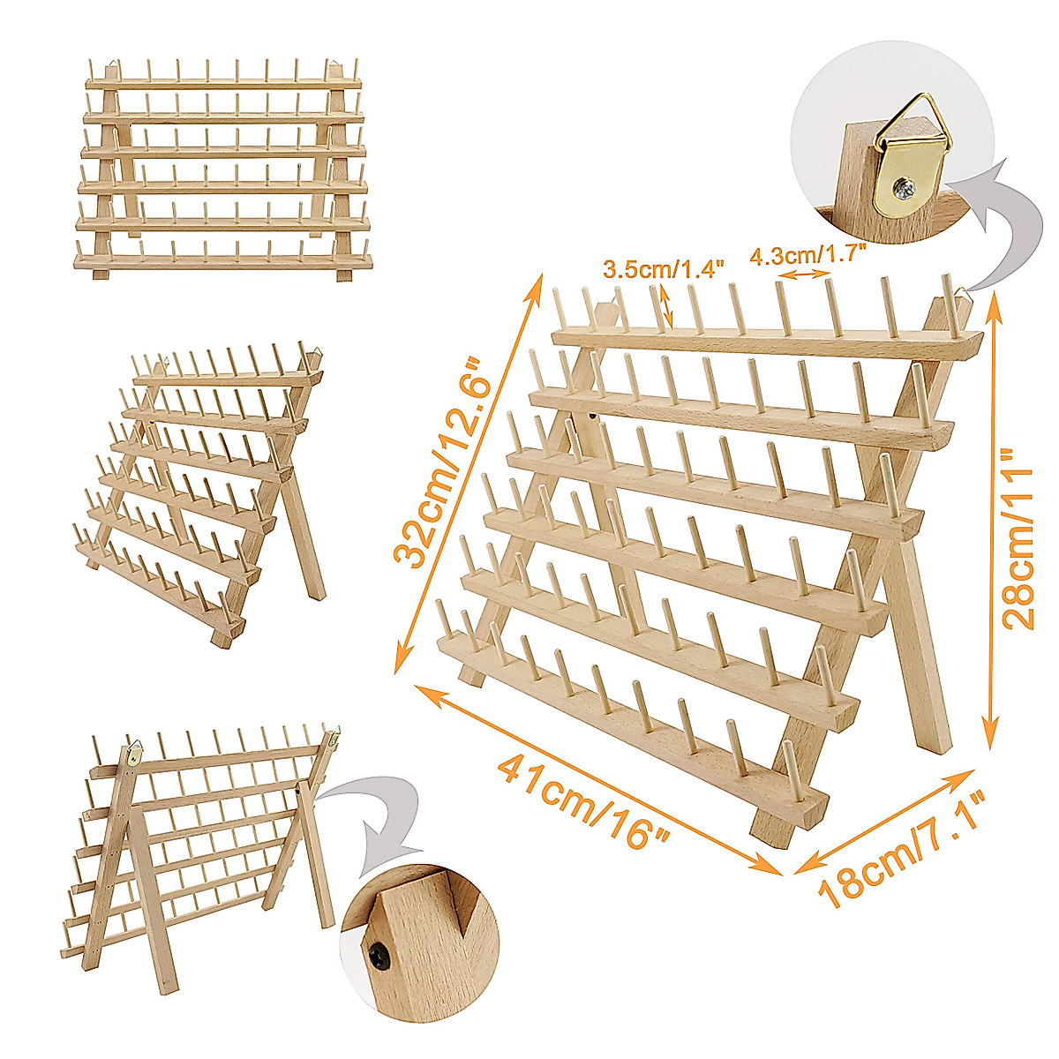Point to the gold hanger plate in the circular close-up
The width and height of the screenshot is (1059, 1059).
899,172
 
